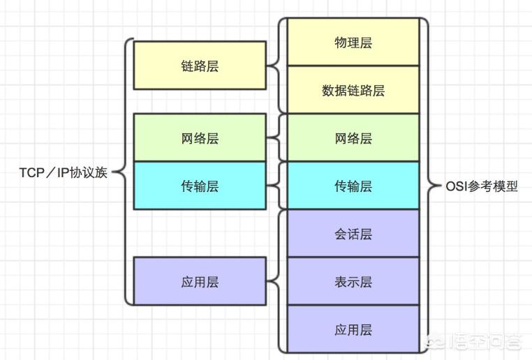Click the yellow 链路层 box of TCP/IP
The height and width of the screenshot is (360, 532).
[199, 66]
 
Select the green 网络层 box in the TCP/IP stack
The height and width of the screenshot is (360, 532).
[199, 138]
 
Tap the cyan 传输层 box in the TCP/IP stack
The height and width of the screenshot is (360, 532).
[199, 186]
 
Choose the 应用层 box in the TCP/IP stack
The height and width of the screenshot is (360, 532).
[199, 281]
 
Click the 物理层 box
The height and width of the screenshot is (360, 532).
[353, 43]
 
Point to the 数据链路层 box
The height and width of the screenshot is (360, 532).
[353, 90]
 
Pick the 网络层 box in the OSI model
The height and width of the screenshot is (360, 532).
[353, 138]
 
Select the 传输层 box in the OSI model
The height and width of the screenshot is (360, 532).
[353, 186]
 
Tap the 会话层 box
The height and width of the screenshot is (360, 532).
[353, 234]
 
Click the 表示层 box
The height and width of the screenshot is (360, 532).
[353, 281]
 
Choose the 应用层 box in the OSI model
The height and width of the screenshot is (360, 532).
[353, 329]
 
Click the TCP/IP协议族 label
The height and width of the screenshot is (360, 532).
[63, 172]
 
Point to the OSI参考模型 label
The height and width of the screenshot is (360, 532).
[482, 186]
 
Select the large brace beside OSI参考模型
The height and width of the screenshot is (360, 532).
[427, 186]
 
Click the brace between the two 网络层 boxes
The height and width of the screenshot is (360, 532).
[276, 138]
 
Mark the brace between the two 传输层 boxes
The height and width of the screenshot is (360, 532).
[276, 186]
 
